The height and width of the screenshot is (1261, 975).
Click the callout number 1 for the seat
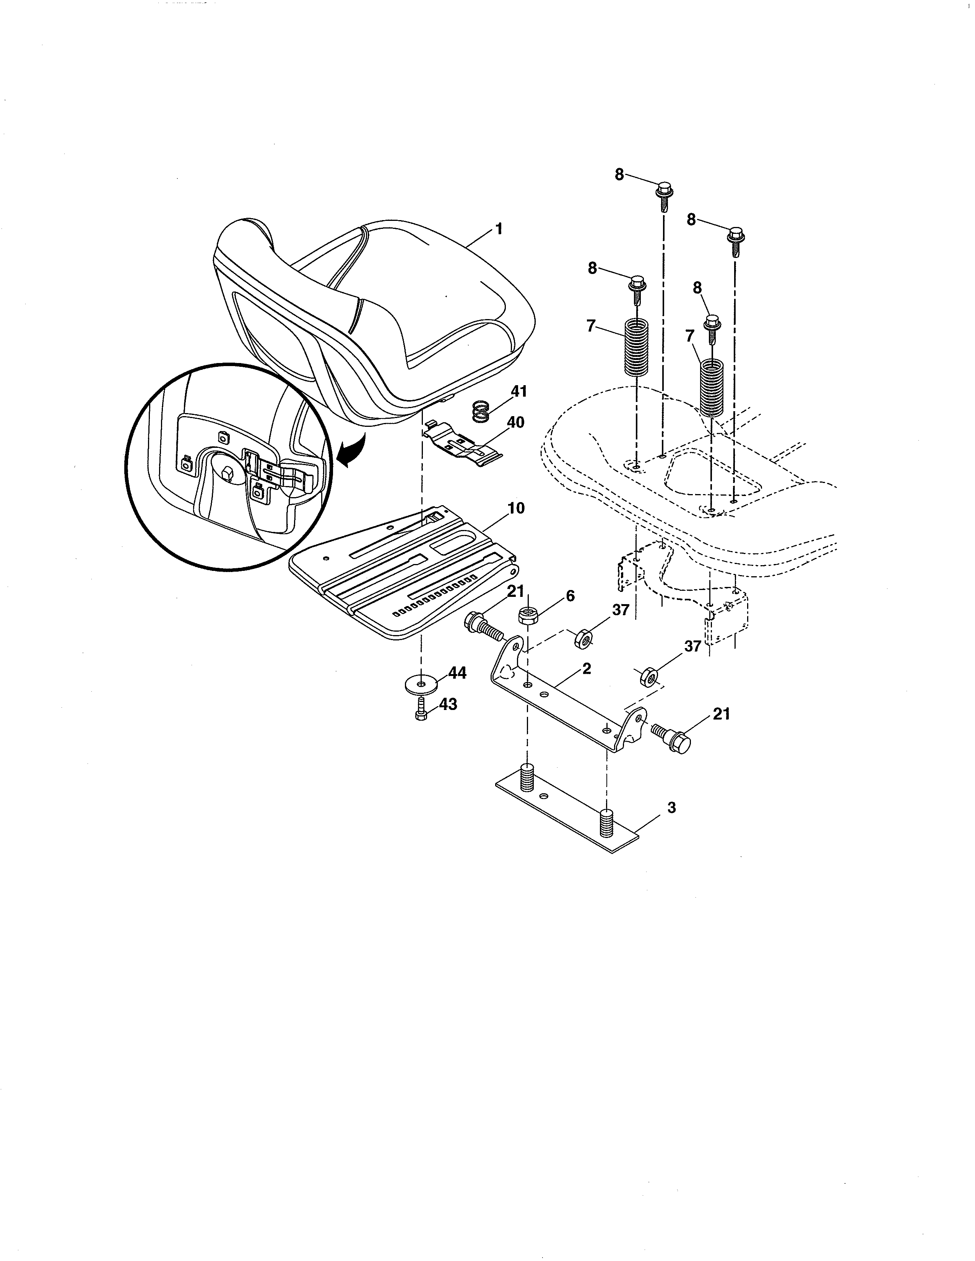(498, 230)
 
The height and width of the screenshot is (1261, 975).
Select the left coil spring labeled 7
(636, 348)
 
